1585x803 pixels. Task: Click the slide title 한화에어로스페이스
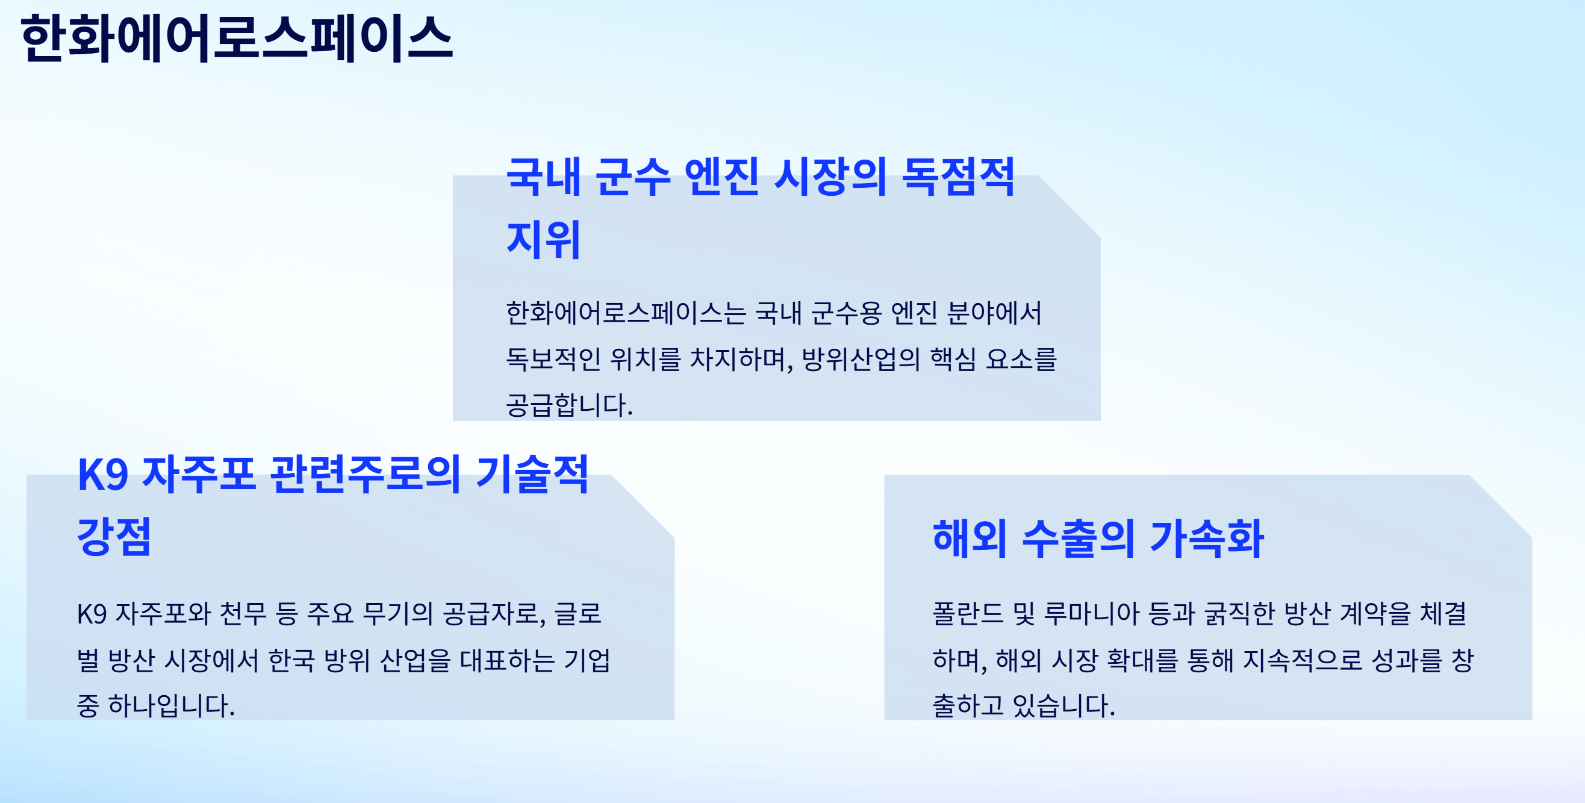pos(237,39)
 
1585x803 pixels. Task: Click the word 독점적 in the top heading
pos(958,177)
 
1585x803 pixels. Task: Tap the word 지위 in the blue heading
pos(543,239)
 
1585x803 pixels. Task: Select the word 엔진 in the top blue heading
pos(721,177)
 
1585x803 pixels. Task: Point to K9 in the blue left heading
pos(102,475)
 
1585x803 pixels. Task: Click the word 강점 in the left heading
pos(114,537)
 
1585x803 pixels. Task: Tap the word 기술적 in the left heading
pos(532,475)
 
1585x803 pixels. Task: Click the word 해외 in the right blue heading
pos(969,539)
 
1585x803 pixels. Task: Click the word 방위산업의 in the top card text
pos(861,359)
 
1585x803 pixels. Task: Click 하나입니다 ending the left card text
pos(171,705)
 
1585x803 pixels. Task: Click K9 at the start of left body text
pos(92,613)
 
